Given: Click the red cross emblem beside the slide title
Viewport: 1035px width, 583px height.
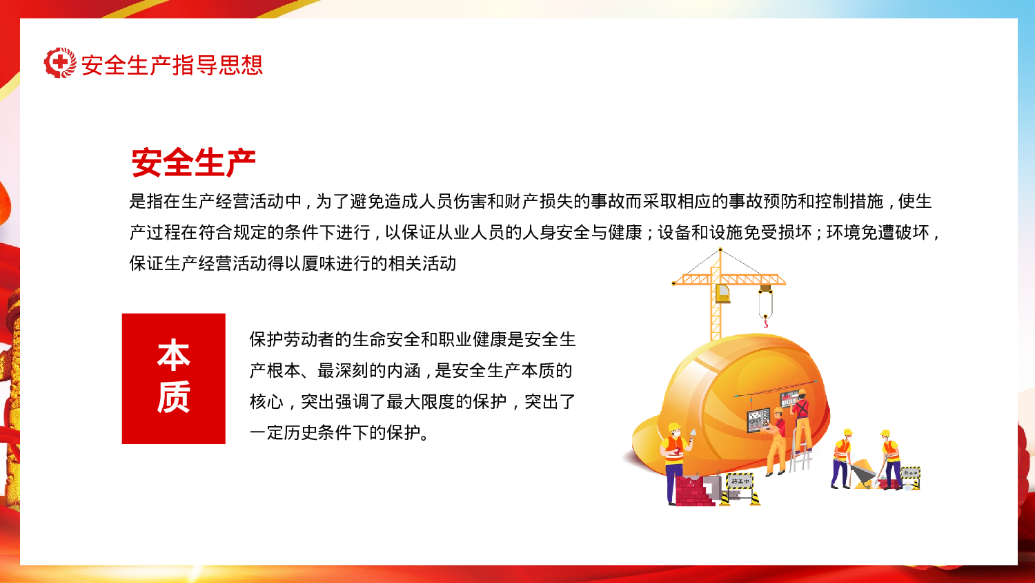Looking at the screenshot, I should (x=60, y=63).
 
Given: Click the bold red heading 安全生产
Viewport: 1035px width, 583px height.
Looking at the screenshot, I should (x=193, y=163).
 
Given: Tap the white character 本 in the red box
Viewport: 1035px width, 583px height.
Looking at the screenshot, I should (x=173, y=355).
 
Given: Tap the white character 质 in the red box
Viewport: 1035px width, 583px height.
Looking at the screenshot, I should (x=173, y=397).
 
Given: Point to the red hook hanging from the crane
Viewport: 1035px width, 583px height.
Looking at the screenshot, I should (x=765, y=322).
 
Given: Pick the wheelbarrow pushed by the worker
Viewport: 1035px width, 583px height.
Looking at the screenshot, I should (x=862, y=475).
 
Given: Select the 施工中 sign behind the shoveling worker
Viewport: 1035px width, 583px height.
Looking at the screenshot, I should (x=910, y=473).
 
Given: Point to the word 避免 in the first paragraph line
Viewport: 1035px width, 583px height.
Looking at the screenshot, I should (x=368, y=202).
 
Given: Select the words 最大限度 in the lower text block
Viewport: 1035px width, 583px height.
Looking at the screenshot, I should (x=420, y=402).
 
